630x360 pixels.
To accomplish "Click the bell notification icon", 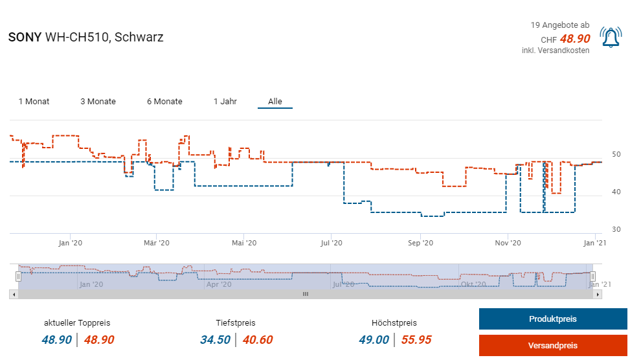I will (x=610, y=38).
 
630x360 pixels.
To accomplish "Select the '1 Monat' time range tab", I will (x=34, y=102).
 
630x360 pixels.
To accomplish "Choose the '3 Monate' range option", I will (x=98, y=102).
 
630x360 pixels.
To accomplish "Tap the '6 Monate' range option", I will (x=164, y=102).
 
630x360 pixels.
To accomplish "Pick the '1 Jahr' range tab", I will (x=225, y=102).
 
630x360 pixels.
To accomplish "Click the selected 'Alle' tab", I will (x=275, y=102).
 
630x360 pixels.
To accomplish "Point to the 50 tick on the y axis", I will (x=616, y=155).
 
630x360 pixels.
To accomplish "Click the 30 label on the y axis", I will (x=616, y=230).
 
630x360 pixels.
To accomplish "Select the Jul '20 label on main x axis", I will (x=332, y=243).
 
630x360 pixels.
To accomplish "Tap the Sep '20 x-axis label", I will (x=420, y=243).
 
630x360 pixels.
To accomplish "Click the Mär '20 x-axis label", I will (x=156, y=243).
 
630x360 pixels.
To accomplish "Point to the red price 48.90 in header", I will (x=575, y=39).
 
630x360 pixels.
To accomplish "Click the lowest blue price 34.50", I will (x=215, y=340).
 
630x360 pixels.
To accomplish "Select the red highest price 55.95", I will (x=416, y=340).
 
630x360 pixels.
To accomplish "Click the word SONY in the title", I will (x=25, y=37).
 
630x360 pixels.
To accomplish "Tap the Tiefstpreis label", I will (x=236, y=322).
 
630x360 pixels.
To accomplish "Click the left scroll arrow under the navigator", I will (x=13, y=294).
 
